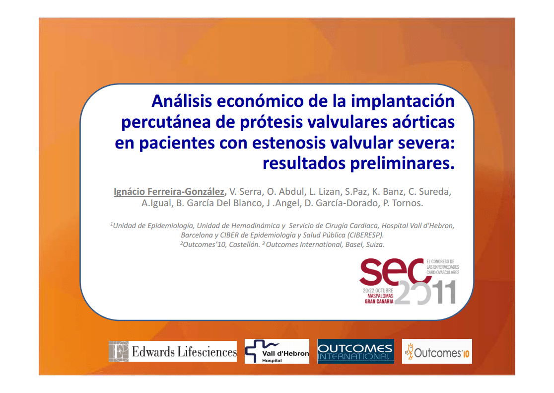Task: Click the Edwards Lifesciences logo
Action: [x=173, y=351]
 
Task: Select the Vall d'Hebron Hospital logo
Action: [x=277, y=351]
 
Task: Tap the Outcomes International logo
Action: [x=356, y=351]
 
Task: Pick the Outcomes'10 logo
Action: [x=437, y=351]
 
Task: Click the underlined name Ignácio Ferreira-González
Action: [x=169, y=191]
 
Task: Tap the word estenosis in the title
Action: [x=289, y=143]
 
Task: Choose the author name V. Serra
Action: [x=246, y=192]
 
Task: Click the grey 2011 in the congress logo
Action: [x=425, y=293]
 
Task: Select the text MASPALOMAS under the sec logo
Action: [x=380, y=296]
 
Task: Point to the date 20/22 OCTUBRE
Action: [x=378, y=291]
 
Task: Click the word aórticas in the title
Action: [x=423, y=122]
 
